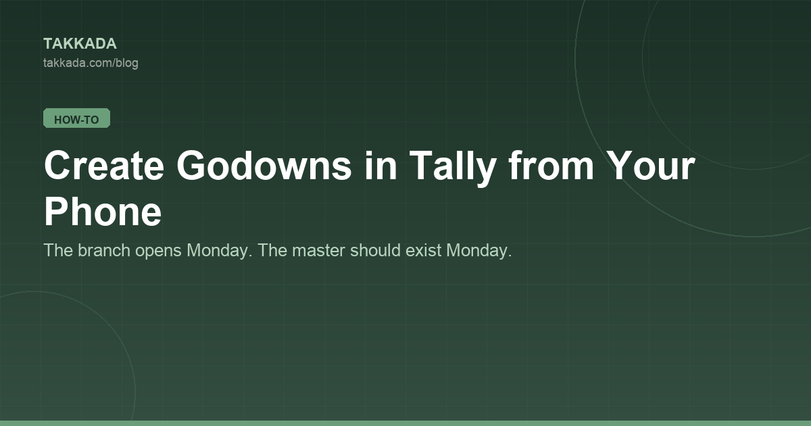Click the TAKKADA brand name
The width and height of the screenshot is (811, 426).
(x=80, y=44)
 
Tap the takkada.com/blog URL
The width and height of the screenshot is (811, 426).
(x=91, y=63)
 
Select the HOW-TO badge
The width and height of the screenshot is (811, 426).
(x=77, y=118)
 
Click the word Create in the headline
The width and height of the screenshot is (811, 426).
(x=104, y=166)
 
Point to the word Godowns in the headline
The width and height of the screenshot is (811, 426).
(x=264, y=166)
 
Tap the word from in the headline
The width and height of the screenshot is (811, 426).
(x=551, y=166)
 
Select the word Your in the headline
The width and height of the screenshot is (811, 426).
(x=651, y=166)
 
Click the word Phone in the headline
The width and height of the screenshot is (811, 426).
(x=103, y=212)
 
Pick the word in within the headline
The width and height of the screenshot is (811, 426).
(x=380, y=166)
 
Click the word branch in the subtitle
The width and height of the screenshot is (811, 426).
(x=104, y=250)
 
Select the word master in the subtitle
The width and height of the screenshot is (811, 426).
(x=318, y=251)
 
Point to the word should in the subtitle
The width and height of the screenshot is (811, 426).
(x=375, y=250)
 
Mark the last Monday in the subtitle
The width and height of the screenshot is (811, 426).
(x=479, y=251)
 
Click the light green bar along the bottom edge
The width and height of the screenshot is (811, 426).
(x=405, y=423)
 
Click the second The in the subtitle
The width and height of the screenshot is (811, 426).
(x=272, y=250)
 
